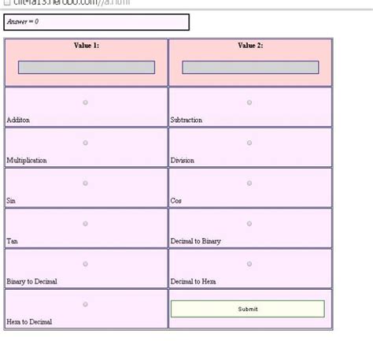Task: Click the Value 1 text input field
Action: coord(87,68)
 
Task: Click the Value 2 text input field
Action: coord(250,68)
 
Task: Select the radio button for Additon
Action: coord(86,102)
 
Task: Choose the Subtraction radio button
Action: coord(249,102)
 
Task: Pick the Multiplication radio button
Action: coord(86,143)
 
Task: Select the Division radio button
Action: coord(249,143)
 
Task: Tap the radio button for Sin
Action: coord(86,183)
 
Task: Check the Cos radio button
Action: coord(249,183)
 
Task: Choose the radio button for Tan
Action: coord(86,224)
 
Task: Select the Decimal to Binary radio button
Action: coord(249,224)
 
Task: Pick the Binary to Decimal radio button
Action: coord(86,264)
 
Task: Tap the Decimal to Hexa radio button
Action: coord(249,264)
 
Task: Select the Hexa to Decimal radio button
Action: coord(86,304)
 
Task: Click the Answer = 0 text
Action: coord(23,22)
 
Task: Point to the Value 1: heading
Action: coord(87,46)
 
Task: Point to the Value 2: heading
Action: coord(250,46)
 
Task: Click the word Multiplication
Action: coord(27,161)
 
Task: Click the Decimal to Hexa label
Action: coord(193,281)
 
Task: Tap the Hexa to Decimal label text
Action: coord(30,322)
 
